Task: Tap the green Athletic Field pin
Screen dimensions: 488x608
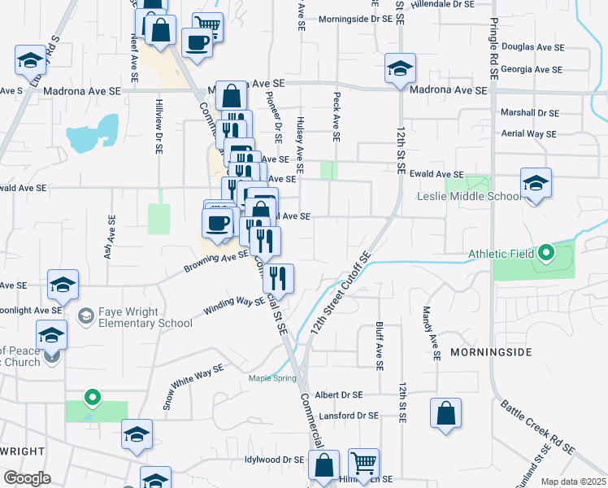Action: click(x=546, y=254)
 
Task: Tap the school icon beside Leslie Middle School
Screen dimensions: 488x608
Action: click(x=536, y=185)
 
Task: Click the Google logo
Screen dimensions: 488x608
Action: click(x=27, y=478)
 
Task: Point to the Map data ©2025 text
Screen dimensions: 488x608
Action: click(x=572, y=481)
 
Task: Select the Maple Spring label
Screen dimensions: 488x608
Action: click(x=271, y=377)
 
